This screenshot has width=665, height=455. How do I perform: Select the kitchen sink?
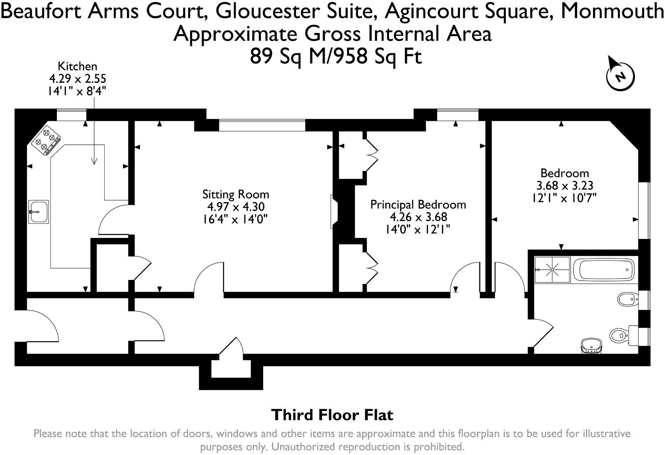pyautogui.click(x=39, y=212)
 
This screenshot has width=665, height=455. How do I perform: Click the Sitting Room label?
pyautogui.click(x=236, y=195)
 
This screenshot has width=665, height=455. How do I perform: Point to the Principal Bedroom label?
pyautogui.click(x=418, y=205)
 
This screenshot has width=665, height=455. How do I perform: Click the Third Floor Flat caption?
pyautogui.click(x=332, y=415)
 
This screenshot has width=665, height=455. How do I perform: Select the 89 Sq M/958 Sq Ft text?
pyautogui.click(x=336, y=56)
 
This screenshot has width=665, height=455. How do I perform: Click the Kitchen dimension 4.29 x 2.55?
pyautogui.click(x=78, y=79)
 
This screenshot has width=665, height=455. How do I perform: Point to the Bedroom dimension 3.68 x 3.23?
pyautogui.click(x=564, y=185)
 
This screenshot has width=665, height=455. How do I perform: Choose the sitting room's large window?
pyautogui.click(x=262, y=125)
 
